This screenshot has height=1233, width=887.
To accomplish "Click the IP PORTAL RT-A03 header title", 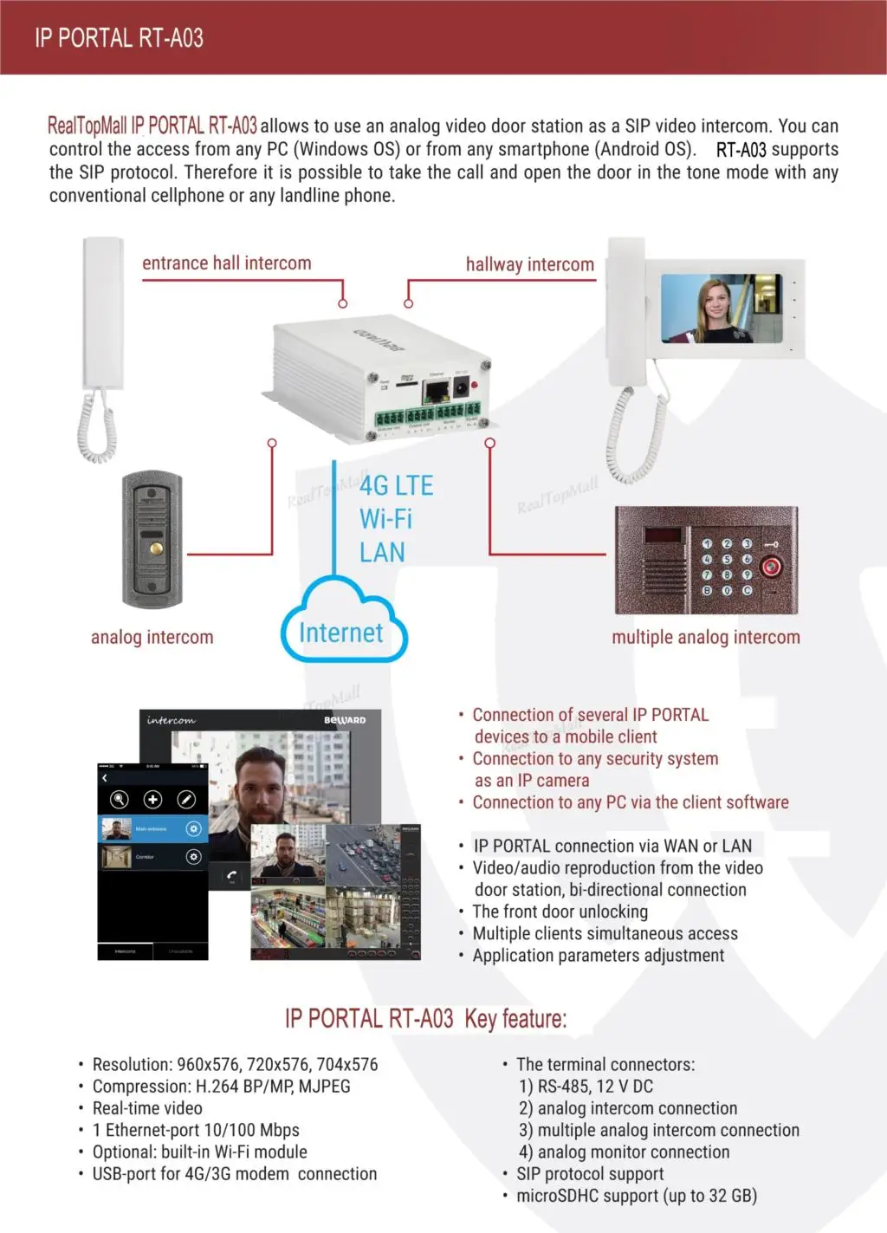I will coord(119,38).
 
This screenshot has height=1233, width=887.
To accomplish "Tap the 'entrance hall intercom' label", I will coord(226,263).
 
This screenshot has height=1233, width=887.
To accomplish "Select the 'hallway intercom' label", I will coord(529,264).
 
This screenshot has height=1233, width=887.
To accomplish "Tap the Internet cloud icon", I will coord(343,630).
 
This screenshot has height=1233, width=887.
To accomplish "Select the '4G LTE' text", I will coord(396,485).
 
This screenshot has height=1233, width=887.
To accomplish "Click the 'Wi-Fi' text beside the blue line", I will coord(385,519).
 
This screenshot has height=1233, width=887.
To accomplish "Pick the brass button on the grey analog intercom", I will coord(156,548).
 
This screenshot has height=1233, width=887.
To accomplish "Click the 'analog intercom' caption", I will coord(152,638).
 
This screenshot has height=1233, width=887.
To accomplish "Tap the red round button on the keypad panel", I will coord(770,568).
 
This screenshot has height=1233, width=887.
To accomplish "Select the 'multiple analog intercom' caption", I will coord(705,638).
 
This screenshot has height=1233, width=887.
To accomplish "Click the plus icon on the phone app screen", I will coord(152,799).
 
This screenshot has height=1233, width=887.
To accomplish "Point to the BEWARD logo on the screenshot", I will coord(345,720).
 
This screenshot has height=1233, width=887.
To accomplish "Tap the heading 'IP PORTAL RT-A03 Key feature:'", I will coord(425,1019).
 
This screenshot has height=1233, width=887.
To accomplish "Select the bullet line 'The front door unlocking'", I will coord(560,912).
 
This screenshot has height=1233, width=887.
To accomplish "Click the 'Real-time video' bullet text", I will coord(147,1108).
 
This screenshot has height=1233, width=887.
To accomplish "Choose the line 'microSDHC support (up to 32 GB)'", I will coord(636,1196).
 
